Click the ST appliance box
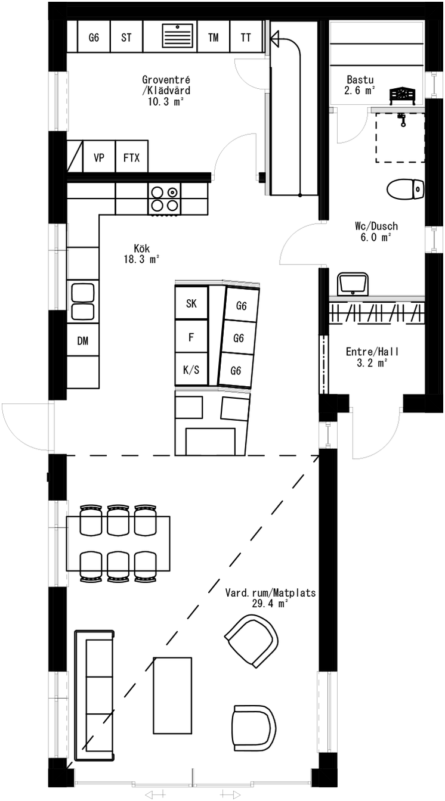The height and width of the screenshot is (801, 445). (126, 37)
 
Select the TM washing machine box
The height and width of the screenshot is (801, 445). (213, 37)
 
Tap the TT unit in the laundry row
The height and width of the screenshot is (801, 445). (246, 37)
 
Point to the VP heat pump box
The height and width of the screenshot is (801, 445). (99, 158)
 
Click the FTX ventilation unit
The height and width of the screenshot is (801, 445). (131, 158)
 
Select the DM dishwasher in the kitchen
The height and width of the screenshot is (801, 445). (82, 341)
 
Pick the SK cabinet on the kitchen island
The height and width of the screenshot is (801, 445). (191, 303)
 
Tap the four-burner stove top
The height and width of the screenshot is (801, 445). (165, 199)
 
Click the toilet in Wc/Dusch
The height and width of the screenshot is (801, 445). (405, 190)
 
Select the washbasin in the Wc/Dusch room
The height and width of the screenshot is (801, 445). (354, 284)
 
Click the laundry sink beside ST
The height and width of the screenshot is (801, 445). (179, 37)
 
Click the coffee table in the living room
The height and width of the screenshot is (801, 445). (172, 696)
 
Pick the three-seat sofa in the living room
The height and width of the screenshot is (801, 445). (94, 695)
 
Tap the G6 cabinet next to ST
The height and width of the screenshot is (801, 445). (94, 37)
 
